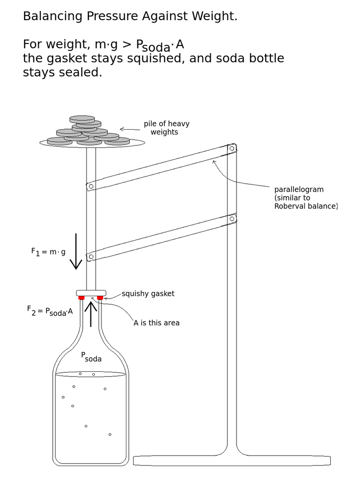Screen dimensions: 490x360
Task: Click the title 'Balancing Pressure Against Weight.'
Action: tap(130, 16)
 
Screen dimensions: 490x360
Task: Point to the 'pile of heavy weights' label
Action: tap(166, 128)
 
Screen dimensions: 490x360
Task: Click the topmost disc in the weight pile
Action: tap(82, 119)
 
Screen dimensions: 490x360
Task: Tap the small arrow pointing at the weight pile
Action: tap(129, 129)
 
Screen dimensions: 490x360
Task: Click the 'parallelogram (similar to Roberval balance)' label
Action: tap(305, 198)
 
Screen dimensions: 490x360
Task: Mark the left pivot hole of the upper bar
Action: tap(91, 186)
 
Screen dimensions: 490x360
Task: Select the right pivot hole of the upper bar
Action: tap(232, 148)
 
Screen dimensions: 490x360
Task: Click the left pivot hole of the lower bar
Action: tap(91, 256)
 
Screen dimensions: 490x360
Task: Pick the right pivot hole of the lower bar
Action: tap(232, 219)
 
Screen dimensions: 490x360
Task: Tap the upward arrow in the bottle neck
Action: tap(90, 314)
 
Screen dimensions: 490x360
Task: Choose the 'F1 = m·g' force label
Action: tap(48, 252)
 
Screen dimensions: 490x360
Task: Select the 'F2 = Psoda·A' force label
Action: tap(50, 311)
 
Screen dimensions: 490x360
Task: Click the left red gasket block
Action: tap(81, 298)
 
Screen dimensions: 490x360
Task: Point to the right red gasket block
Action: tap(100, 298)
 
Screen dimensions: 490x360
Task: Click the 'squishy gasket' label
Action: tap(148, 294)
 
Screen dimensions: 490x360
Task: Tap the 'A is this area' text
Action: tap(157, 323)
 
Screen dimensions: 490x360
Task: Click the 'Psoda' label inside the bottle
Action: tap(91, 357)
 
